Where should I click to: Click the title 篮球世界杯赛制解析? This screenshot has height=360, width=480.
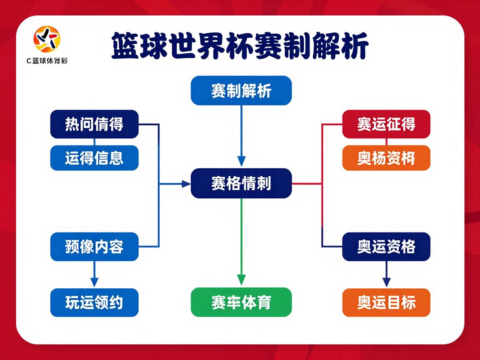(240, 47)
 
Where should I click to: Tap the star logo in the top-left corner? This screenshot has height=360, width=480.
(47, 38)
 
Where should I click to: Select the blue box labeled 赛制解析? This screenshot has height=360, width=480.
(241, 90)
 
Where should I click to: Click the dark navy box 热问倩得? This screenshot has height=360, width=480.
(94, 124)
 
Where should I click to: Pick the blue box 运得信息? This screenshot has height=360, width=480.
(94, 158)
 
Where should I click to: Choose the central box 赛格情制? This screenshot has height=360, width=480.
(241, 183)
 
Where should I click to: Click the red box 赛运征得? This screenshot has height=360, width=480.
(386, 124)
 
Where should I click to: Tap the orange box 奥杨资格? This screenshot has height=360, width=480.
(386, 158)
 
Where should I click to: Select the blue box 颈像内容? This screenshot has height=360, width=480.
(94, 247)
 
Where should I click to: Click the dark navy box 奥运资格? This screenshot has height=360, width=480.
(386, 247)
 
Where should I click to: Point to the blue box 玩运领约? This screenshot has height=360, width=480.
(94, 302)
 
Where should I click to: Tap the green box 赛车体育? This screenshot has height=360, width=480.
(241, 302)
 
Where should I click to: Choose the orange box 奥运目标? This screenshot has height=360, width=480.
(386, 302)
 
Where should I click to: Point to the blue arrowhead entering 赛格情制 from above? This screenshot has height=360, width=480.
(241, 161)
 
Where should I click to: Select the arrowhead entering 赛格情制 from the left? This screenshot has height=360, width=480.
(186, 183)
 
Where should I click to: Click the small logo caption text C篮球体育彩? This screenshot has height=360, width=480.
(47, 61)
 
